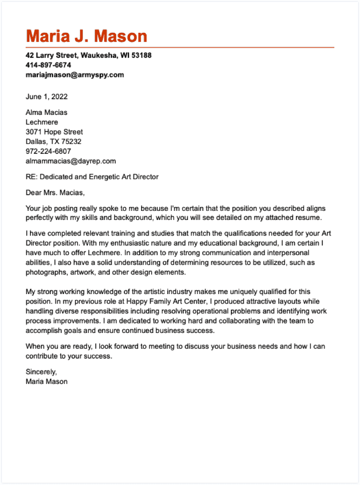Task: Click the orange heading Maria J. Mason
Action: click(86, 36)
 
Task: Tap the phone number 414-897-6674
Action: click(48, 65)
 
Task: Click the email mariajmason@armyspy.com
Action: click(75, 75)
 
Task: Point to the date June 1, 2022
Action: click(47, 96)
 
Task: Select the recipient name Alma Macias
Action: click(47, 113)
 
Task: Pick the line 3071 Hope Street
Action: click(54, 132)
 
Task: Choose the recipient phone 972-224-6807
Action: click(48, 151)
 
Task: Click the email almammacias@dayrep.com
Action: click(71, 161)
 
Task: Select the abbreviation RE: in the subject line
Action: click(31, 177)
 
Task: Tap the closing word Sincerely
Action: click(41, 372)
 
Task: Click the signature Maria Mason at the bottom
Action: click(47, 381)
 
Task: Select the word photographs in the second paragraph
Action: click(46, 273)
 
